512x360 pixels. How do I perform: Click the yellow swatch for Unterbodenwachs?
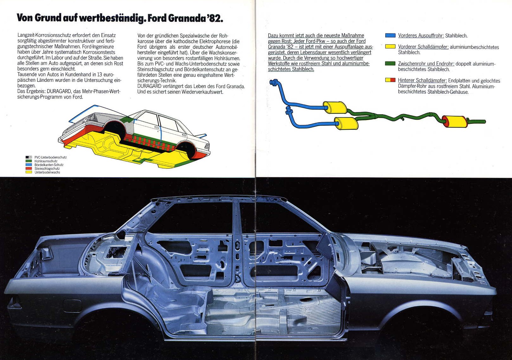[29, 172]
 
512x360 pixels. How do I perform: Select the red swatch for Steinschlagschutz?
[29, 168]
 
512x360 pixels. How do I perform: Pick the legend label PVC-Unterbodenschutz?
[50, 157]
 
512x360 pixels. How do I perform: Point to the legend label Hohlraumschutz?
[46, 161]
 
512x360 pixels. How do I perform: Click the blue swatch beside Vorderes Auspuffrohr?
[390, 35]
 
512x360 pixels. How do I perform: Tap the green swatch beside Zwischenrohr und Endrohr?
[390, 64]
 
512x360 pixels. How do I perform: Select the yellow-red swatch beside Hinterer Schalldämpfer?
[390, 80]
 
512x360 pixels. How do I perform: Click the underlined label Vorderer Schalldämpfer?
[423, 47]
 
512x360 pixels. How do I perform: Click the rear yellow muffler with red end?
[455, 121]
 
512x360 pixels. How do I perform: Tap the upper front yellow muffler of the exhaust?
[335, 107]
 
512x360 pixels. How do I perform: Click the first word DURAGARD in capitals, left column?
[59, 91]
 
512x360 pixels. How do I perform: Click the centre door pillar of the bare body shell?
[236, 244]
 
